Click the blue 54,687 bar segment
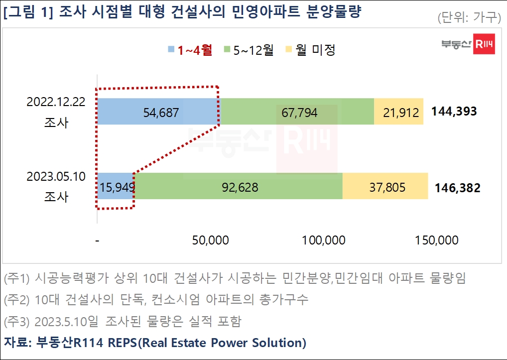click(158, 112)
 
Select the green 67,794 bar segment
click(297, 112)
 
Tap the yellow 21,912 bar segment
click(398, 112)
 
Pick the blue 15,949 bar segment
click(116, 186)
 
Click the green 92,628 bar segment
click(238, 186)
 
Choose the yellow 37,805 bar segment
click(385, 186)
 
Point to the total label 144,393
click(454, 111)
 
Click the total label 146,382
click(457, 188)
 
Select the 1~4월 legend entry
click(190, 49)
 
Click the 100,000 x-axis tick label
click(324, 240)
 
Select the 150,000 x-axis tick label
click(436, 240)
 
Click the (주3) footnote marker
click(16, 322)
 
